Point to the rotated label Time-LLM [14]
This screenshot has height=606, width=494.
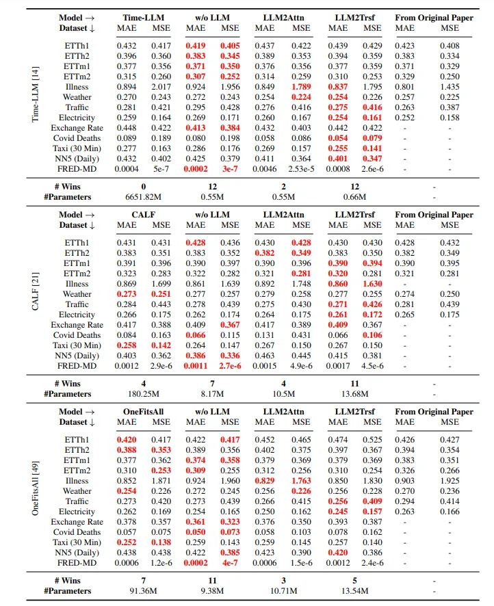[x=36, y=95]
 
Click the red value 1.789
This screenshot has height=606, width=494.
[x=302, y=87]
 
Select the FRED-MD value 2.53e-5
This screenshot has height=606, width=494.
[x=302, y=169]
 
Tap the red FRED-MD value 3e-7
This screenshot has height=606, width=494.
[x=231, y=169]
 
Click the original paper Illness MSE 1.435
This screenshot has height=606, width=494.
[x=450, y=87]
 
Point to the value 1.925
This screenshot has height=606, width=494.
[x=450, y=481]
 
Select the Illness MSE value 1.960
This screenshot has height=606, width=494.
[x=231, y=481]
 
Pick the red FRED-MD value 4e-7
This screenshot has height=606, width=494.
[x=231, y=563]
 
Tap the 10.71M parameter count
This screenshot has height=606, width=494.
[x=283, y=590]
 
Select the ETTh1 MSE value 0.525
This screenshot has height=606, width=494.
[x=372, y=440]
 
